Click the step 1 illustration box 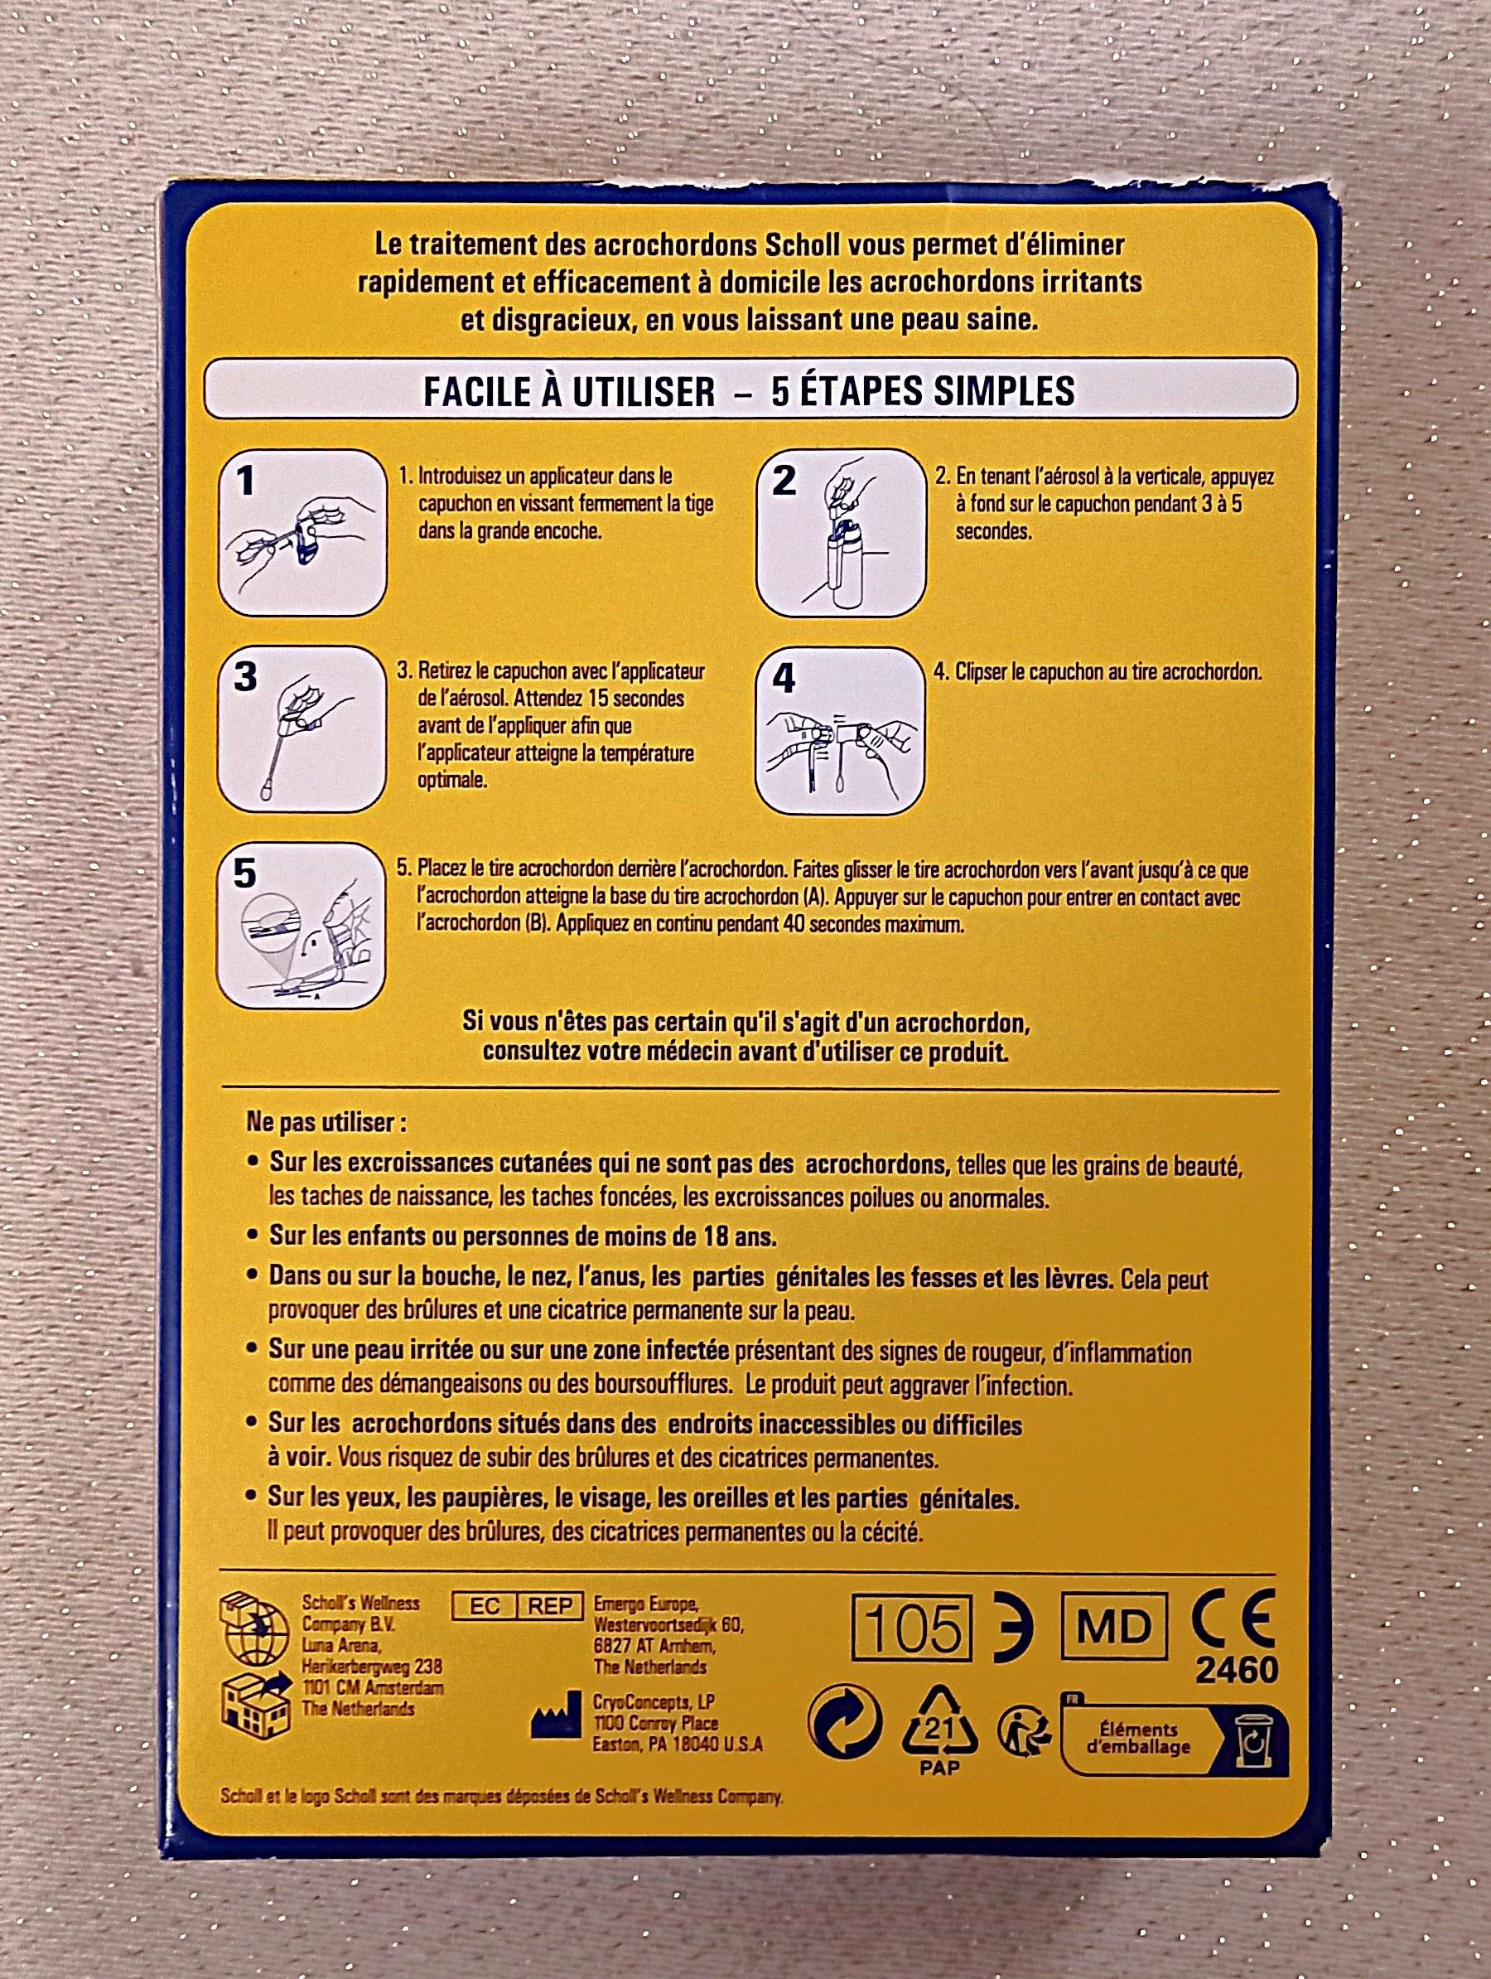click(x=302, y=532)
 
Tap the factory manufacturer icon click(x=552, y=1720)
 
